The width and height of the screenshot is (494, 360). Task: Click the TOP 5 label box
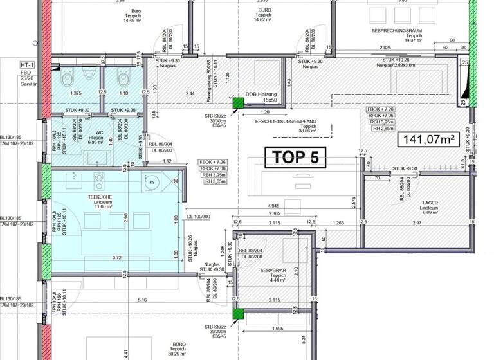[296, 157]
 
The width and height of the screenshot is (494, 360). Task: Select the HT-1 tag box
[27, 65]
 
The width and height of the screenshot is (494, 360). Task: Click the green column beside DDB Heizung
[237, 102]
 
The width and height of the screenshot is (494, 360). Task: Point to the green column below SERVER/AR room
[237, 314]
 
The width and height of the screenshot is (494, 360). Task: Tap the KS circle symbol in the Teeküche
[152, 183]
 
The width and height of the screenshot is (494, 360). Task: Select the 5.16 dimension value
[142, 300]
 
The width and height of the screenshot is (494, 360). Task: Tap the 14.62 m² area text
[265, 19]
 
